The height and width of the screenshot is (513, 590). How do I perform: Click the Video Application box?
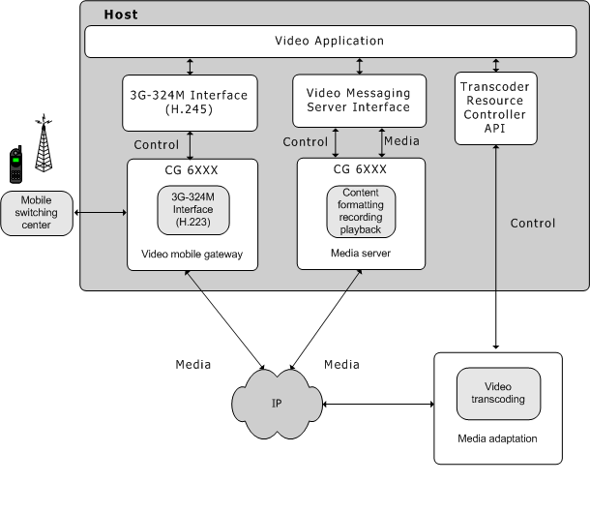tap(329, 42)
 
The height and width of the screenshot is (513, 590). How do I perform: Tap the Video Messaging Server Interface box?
tap(358, 100)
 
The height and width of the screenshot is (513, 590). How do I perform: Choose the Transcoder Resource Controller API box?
tap(495, 107)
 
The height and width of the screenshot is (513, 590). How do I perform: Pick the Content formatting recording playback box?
tap(361, 211)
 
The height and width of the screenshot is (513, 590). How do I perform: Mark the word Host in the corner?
tap(120, 15)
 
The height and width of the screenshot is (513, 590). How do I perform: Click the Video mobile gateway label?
tap(192, 254)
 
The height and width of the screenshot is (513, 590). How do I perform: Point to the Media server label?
tap(361, 254)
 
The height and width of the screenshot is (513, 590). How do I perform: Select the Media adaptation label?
tap(497, 438)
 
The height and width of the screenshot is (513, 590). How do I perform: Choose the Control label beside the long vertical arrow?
tap(533, 224)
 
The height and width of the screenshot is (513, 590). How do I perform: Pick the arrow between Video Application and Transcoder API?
tap(495, 65)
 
